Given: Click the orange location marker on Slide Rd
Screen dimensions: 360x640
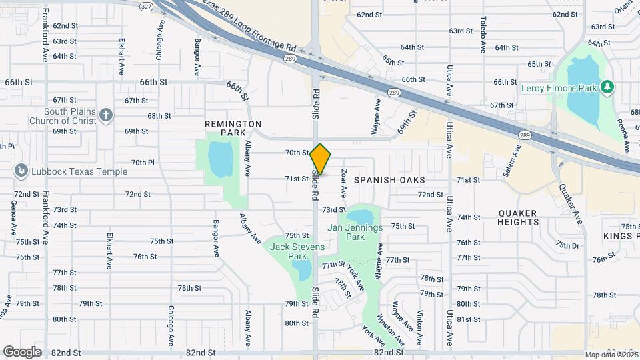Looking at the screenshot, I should [321, 159].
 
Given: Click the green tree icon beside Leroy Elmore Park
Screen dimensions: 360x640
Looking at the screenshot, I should [607, 87].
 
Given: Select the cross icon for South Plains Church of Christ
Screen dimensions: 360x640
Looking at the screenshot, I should [105, 116].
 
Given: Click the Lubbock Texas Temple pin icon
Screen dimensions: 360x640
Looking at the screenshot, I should [21, 171].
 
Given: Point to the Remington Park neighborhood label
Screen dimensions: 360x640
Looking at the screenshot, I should [233, 129].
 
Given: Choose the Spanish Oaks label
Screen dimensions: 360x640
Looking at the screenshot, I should [389, 180].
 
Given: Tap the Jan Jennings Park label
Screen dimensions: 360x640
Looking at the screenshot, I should [355, 232].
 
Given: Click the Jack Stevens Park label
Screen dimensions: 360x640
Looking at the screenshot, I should [297, 251].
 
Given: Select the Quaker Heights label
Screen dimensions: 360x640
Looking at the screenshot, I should [517, 218].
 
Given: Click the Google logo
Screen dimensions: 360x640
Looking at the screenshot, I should [23, 351].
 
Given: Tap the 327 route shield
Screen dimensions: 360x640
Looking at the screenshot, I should [146, 6].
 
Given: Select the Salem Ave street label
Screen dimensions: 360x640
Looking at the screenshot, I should [512, 160].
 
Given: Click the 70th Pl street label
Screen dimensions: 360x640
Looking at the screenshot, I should [143, 162].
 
